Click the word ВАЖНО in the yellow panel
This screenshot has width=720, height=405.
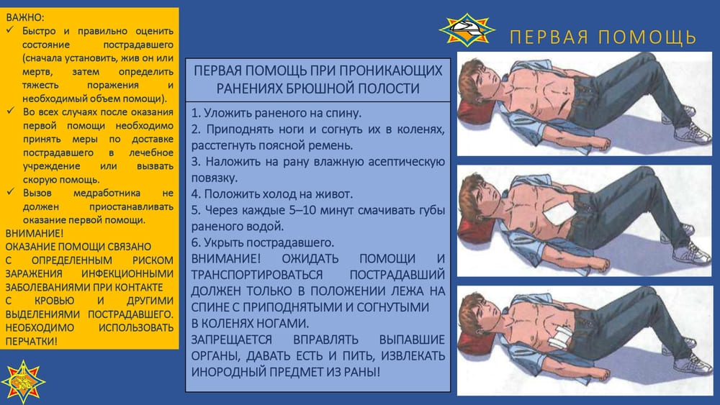(24, 18)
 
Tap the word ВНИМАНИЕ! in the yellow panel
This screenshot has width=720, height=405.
(35, 234)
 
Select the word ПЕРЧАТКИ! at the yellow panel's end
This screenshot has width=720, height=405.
(32, 341)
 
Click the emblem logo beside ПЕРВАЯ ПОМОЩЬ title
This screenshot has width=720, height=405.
(467, 29)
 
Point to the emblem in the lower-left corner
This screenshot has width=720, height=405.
(23, 381)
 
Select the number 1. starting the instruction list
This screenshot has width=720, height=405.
(196, 113)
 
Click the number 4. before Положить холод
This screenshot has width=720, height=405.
(196, 194)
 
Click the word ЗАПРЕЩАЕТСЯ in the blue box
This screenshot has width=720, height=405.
(231, 340)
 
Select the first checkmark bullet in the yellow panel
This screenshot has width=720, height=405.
(11, 31)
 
